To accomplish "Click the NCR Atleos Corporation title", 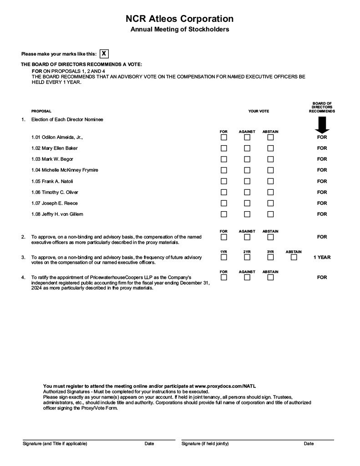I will pos(180,19).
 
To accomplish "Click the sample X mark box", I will pos(104,54).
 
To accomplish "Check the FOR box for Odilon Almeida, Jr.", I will pos(224,137).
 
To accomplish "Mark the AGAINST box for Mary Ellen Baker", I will pos(247,148).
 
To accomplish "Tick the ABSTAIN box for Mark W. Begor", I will pos(270,159).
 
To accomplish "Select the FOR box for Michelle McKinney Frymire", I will pos(224,170).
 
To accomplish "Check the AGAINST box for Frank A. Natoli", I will pos(247,181).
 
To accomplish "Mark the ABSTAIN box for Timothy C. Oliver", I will pos(270,192).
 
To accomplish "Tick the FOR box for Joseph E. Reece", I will pos(224,203).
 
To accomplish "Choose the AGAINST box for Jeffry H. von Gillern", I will pos(247,214).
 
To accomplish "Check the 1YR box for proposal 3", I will pos(224,257).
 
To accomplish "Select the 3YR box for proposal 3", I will pos(270,257).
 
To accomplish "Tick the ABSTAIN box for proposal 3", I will pos(294,257).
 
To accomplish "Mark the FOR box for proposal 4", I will pos(224,277).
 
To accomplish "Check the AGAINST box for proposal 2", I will pos(247,237).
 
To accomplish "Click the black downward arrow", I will pos(322,124).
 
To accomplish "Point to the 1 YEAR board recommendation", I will pos(322,258).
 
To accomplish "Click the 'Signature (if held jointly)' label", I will pos(205,444).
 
